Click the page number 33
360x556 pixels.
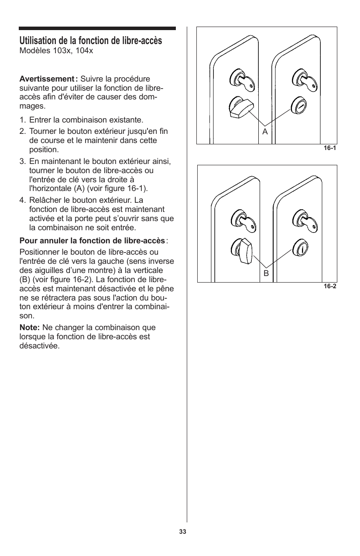coord(182,532)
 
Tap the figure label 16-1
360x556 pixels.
coord(329,149)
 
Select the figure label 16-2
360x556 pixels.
coord(329,287)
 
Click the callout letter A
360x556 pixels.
coord(265,131)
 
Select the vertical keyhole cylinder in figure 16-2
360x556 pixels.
coord(301,247)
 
